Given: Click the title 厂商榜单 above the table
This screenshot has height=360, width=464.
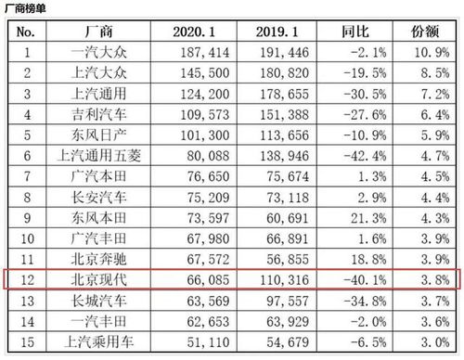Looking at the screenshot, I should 27,7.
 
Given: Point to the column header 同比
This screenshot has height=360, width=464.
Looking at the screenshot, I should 359,32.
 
